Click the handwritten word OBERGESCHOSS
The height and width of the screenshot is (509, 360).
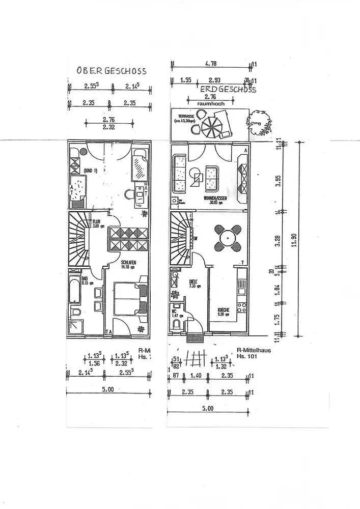tap(111, 71)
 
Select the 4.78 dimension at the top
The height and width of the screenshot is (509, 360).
tap(211, 64)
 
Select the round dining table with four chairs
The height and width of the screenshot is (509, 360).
tap(227, 237)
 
